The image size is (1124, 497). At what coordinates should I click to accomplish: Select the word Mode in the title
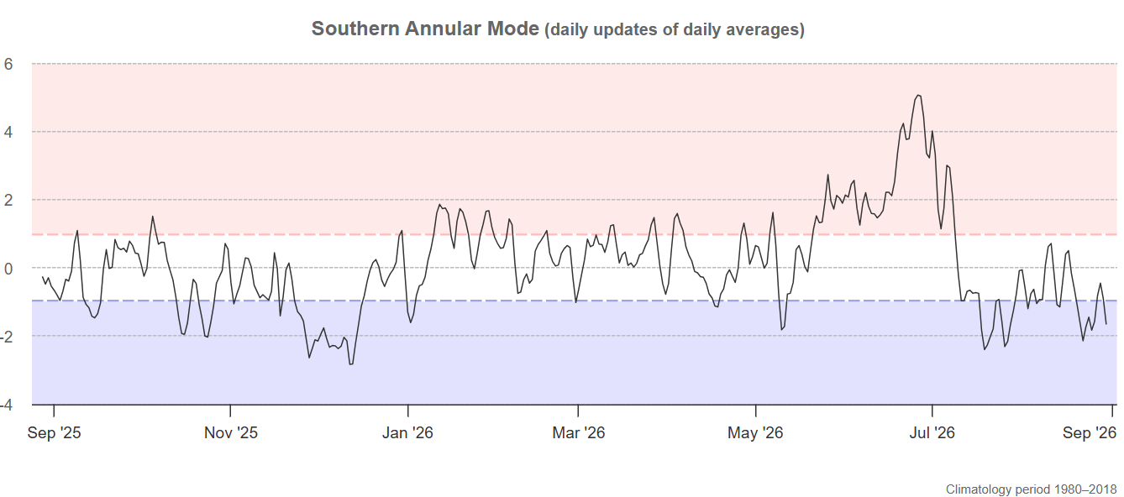pyautogui.click(x=512, y=29)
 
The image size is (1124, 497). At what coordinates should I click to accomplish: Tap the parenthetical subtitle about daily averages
pyautogui.click(x=675, y=29)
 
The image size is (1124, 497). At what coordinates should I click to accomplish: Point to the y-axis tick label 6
pyautogui.click(x=8, y=64)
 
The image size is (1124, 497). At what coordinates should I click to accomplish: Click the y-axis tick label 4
pyautogui.click(x=8, y=133)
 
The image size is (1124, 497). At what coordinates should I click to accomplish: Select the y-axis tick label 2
pyautogui.click(x=8, y=201)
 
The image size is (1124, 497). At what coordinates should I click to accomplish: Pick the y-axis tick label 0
pyautogui.click(x=8, y=269)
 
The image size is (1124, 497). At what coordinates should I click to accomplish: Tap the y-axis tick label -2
pyautogui.click(x=7, y=337)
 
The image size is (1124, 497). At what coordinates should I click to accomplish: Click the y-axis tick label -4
pyautogui.click(x=7, y=405)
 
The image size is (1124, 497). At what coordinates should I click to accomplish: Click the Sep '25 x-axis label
pyautogui.click(x=55, y=432)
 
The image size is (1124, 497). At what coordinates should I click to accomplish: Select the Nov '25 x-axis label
pyautogui.click(x=231, y=432)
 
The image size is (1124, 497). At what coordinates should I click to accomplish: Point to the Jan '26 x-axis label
pyautogui.click(x=407, y=432)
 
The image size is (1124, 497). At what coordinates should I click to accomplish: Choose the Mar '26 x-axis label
pyautogui.click(x=579, y=432)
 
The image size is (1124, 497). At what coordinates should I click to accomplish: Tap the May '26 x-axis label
pyautogui.click(x=755, y=432)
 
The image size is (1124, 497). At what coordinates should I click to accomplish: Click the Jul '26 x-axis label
pyautogui.click(x=932, y=432)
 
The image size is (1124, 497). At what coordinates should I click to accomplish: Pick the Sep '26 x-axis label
pyautogui.click(x=1090, y=432)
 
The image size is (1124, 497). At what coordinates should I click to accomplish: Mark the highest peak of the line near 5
pyautogui.click(x=918, y=95)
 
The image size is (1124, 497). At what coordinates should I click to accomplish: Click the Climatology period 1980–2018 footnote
pyautogui.click(x=1031, y=489)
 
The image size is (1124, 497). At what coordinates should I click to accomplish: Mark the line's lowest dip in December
pyautogui.click(x=351, y=364)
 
